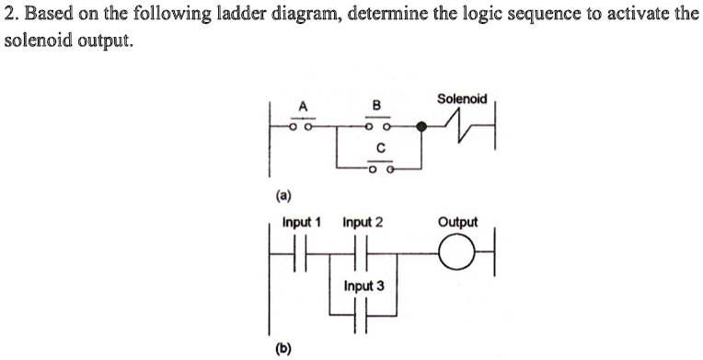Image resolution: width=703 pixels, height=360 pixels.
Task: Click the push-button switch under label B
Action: [x=378, y=124]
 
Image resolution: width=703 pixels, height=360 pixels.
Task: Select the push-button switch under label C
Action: [x=379, y=167]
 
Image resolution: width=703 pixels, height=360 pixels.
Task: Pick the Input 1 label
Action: [x=301, y=223]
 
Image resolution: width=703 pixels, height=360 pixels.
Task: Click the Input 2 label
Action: [x=363, y=223]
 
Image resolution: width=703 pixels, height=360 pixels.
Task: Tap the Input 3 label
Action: [x=363, y=285]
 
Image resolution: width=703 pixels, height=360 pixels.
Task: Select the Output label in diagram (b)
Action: [x=457, y=223]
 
